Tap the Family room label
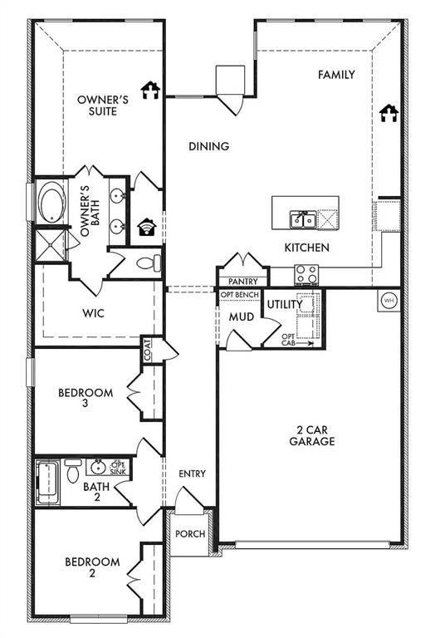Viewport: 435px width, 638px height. point(336,75)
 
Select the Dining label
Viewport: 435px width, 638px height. point(208,146)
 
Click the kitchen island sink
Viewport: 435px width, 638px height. point(302,219)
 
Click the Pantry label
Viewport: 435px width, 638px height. point(242,282)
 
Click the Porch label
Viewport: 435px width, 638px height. point(191,533)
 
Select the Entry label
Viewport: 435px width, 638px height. point(192,474)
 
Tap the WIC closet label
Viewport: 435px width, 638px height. point(92,314)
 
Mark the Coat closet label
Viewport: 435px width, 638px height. point(148,350)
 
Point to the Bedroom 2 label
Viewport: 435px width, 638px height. point(92,568)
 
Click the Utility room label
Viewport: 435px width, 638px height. point(285,306)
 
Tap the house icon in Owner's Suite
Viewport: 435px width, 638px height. point(149,90)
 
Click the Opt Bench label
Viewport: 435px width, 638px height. point(240,295)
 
